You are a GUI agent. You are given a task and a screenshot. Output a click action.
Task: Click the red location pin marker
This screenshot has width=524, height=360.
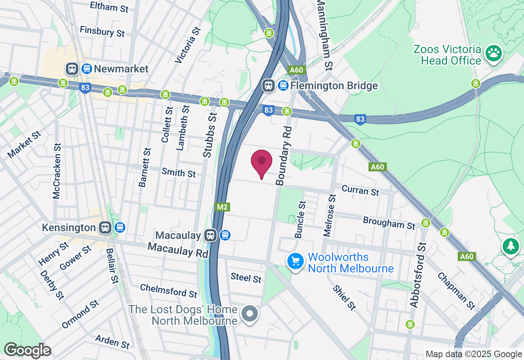coord(262,162)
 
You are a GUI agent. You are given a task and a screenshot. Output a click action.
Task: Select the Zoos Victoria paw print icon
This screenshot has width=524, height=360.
coord(494,53)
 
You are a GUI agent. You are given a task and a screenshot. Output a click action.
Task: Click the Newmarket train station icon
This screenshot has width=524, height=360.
coord(72,68)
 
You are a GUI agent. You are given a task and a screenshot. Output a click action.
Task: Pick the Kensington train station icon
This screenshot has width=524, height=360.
coord(105,227)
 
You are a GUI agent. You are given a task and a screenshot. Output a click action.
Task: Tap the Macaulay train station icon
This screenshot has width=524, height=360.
coord(210,235)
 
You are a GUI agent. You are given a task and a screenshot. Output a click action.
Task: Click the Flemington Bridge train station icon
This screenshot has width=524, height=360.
coord(269,85)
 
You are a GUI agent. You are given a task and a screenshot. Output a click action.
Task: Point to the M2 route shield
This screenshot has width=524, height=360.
coord(222,207)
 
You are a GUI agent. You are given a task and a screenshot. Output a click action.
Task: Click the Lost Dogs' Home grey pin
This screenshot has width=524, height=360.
coord(249,314)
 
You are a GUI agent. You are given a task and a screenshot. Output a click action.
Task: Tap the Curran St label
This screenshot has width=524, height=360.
coord(360,190)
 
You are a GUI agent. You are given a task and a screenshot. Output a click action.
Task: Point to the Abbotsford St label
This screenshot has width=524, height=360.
coord(418,275)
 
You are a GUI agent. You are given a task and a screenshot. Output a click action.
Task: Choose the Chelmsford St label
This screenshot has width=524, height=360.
coord(169,290)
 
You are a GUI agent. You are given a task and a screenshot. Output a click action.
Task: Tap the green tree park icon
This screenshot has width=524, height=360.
coord(510,246)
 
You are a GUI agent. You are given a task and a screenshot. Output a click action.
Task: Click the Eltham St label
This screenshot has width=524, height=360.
coord(109,7)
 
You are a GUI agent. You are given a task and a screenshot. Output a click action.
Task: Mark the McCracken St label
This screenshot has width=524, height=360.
coord(57,171)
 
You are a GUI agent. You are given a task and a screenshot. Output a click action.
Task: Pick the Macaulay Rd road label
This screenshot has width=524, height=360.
coord(178,250)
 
